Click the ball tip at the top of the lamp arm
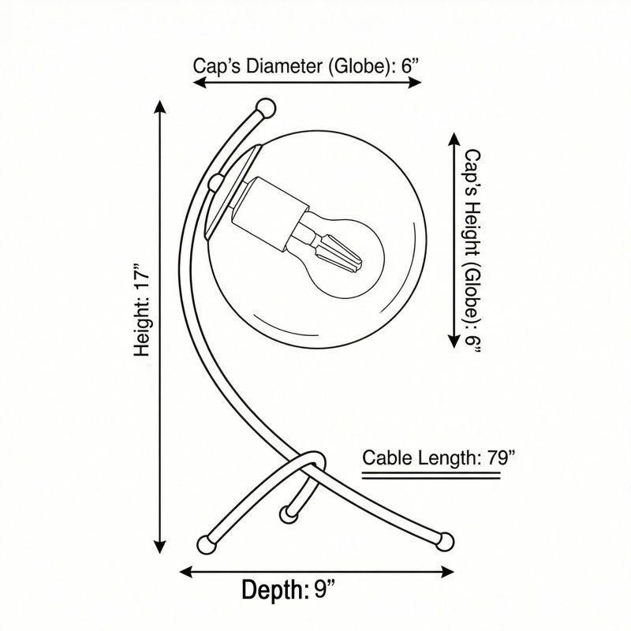point(266,108)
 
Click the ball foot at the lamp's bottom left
point(207,544)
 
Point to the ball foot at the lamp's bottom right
point(445,541)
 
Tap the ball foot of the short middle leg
point(288,513)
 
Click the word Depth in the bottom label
point(272,590)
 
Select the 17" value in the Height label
point(142,277)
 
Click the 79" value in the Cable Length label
point(501,457)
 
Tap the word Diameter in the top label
point(283,65)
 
